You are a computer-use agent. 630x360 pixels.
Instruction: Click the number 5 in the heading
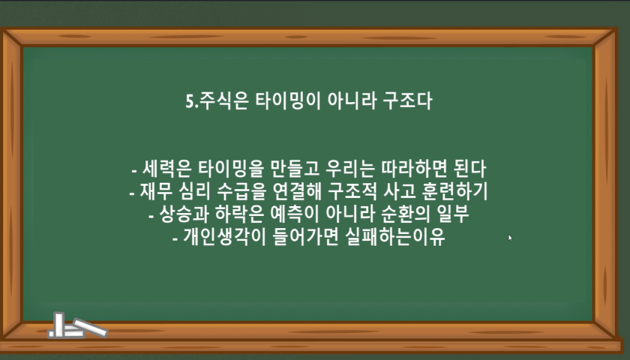click(x=190, y=101)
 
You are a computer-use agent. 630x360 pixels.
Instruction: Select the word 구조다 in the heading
click(x=407, y=100)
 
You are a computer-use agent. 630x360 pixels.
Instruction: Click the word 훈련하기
click(x=454, y=191)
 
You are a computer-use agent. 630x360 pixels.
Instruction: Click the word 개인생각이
click(x=224, y=237)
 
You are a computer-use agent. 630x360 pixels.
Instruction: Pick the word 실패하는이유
click(x=395, y=237)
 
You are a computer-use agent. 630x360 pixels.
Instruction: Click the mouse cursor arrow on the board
click(x=510, y=238)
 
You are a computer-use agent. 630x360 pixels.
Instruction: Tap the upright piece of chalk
click(x=59, y=324)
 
